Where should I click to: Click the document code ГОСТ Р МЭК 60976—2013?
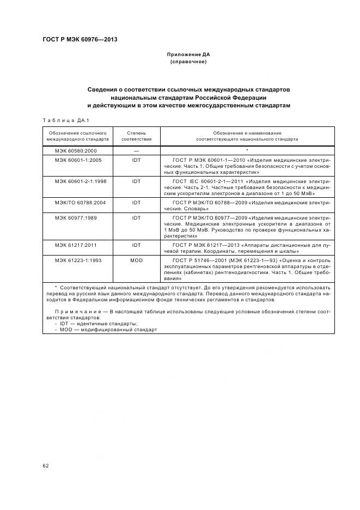tap(80, 40)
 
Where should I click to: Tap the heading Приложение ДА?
tap(188, 55)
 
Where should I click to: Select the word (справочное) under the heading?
tap(188, 62)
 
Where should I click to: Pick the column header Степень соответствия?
tap(136, 136)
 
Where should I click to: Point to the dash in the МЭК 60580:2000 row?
tap(136, 150)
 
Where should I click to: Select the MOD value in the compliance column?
tap(136, 260)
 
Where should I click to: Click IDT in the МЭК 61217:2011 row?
tap(136, 245)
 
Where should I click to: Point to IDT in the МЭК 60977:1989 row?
tap(136, 217)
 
